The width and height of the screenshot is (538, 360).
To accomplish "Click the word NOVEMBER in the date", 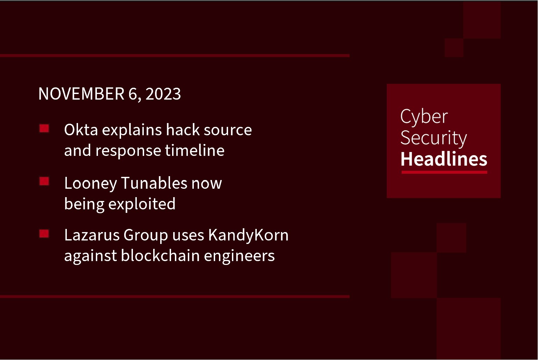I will (x=81, y=94).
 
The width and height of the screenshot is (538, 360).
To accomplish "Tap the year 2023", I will (x=163, y=94).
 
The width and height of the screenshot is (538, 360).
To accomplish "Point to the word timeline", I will (x=194, y=151).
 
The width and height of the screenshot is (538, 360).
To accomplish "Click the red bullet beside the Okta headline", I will (x=44, y=129).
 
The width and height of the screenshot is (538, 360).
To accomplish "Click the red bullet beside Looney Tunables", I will (x=44, y=181).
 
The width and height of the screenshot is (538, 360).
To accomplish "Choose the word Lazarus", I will (x=92, y=235).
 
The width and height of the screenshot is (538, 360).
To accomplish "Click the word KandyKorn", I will (x=248, y=235).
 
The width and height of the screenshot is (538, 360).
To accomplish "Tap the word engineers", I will (x=239, y=256).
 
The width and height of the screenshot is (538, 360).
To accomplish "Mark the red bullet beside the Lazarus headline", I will (x=44, y=233).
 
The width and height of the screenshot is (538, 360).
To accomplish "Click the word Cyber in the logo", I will (x=424, y=117).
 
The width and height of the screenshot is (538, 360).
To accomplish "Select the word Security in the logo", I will (x=433, y=138).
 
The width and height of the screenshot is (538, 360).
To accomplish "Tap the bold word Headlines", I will (x=444, y=159).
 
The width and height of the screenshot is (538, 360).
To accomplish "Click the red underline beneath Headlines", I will (x=444, y=172).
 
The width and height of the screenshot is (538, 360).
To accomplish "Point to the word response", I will (x=128, y=151).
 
